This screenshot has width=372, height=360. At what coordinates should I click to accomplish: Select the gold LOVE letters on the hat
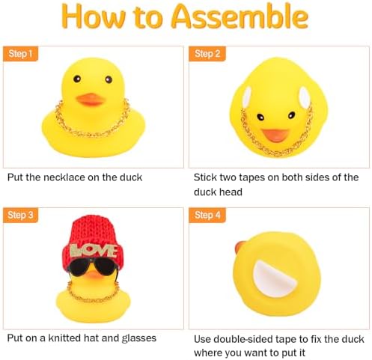(92, 250)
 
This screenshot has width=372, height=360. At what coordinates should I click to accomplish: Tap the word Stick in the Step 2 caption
(208, 177)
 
